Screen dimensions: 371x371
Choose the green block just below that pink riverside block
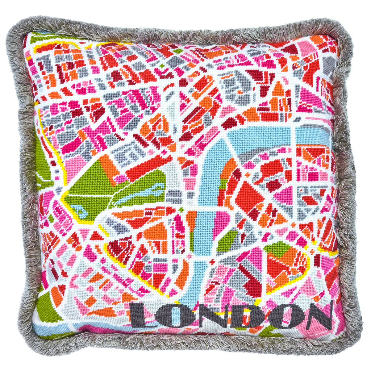click(x=228, y=241)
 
